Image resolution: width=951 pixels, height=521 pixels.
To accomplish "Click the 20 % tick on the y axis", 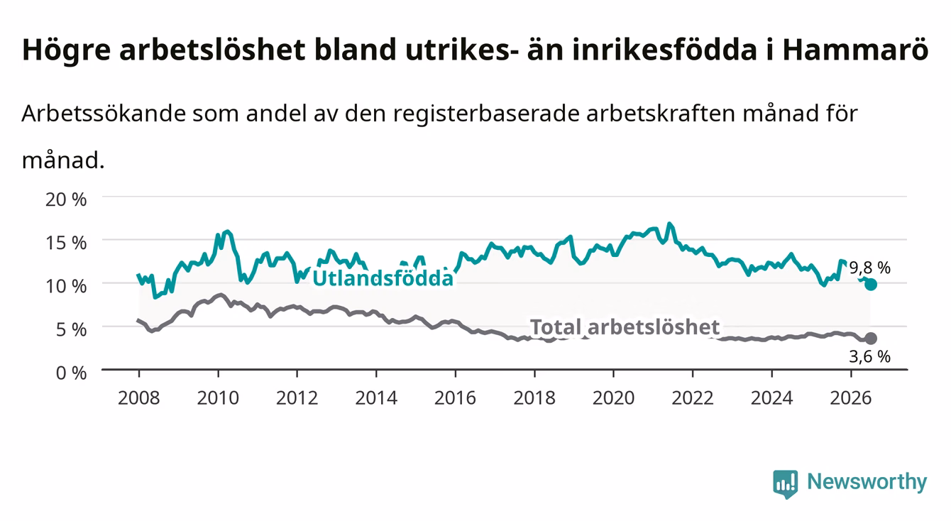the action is pyautogui.click(x=66, y=199).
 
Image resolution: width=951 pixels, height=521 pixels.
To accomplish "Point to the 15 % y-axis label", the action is pyautogui.click(x=66, y=243).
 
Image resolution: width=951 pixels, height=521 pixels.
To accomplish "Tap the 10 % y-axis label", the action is pyautogui.click(x=66, y=286).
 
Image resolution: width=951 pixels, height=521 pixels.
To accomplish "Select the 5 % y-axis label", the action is pyautogui.click(x=71, y=329).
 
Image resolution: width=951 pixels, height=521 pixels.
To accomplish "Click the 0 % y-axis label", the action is pyautogui.click(x=71, y=373).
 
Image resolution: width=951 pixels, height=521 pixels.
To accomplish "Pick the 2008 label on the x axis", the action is pyautogui.click(x=139, y=398).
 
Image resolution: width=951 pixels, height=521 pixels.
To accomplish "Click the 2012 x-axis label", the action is pyautogui.click(x=297, y=398).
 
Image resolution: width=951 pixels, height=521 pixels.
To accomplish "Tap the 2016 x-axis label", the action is pyautogui.click(x=455, y=398).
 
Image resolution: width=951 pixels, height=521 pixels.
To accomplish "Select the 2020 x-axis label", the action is pyautogui.click(x=613, y=398).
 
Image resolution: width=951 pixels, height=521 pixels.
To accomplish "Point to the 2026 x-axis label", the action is pyautogui.click(x=851, y=398).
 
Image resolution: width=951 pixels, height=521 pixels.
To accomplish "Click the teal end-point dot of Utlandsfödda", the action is pyautogui.click(x=871, y=285).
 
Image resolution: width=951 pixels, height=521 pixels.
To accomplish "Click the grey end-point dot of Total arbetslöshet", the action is pyautogui.click(x=871, y=339).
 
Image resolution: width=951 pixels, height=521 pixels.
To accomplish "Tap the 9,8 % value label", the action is pyautogui.click(x=870, y=268).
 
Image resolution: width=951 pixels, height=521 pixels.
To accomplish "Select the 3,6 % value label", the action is pyautogui.click(x=870, y=356).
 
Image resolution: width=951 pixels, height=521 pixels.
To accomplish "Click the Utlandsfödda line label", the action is pyautogui.click(x=383, y=278).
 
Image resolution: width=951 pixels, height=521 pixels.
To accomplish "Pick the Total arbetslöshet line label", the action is pyautogui.click(x=625, y=327).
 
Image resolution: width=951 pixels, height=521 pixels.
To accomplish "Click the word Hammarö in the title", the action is pyautogui.click(x=855, y=50).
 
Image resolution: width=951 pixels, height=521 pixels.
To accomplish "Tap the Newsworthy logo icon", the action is pyautogui.click(x=786, y=484).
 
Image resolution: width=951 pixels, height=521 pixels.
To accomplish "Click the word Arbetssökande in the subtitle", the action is pyautogui.click(x=104, y=114).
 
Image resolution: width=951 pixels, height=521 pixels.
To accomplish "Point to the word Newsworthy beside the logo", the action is pyautogui.click(x=867, y=482).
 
